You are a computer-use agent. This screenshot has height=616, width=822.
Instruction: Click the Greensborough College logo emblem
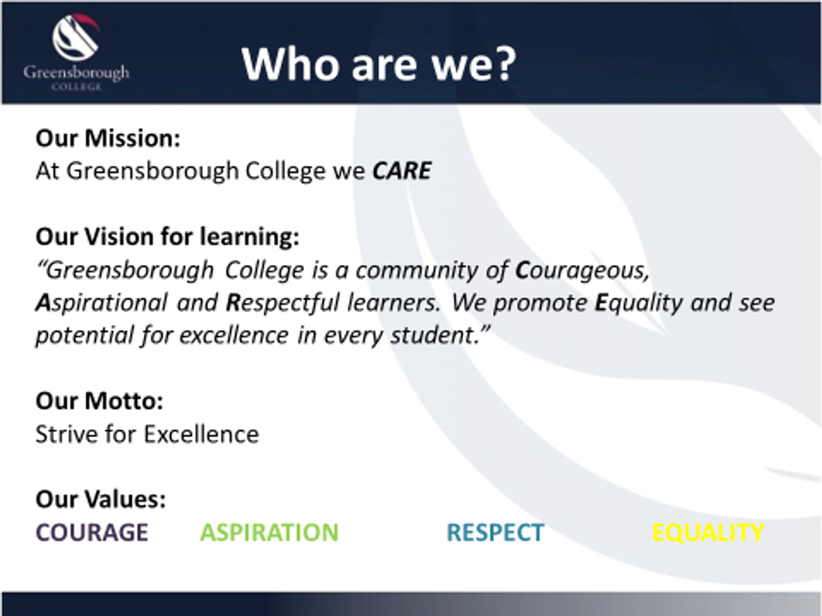click(x=75, y=38)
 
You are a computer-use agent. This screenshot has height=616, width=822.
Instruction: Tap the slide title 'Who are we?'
click(x=379, y=64)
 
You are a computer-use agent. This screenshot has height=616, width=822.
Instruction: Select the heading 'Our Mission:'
click(x=108, y=138)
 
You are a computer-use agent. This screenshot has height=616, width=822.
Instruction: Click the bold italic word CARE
click(x=402, y=171)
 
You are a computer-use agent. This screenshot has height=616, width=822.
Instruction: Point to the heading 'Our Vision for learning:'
click(x=167, y=237)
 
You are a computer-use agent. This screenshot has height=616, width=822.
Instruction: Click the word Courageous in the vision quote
click(x=582, y=270)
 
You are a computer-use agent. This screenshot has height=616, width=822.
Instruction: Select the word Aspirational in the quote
click(x=101, y=303)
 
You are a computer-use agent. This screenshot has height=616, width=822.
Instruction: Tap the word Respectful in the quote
click(x=283, y=303)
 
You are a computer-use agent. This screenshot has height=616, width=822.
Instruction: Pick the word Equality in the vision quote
click(x=639, y=303)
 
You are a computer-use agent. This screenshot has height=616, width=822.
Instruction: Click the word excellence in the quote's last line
click(x=234, y=335)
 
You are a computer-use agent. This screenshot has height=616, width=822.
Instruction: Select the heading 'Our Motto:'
click(x=99, y=401)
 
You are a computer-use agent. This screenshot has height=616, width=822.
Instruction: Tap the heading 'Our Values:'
click(x=101, y=500)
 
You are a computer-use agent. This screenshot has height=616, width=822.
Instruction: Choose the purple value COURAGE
click(x=92, y=532)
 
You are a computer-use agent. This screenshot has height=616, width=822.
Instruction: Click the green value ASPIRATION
click(x=269, y=532)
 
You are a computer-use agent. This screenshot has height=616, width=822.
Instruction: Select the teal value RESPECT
click(x=495, y=532)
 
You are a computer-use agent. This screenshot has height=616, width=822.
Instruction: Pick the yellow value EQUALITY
click(x=708, y=532)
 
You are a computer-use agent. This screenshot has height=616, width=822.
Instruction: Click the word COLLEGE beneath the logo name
click(x=77, y=87)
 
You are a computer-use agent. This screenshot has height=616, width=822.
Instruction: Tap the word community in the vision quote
click(x=416, y=271)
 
